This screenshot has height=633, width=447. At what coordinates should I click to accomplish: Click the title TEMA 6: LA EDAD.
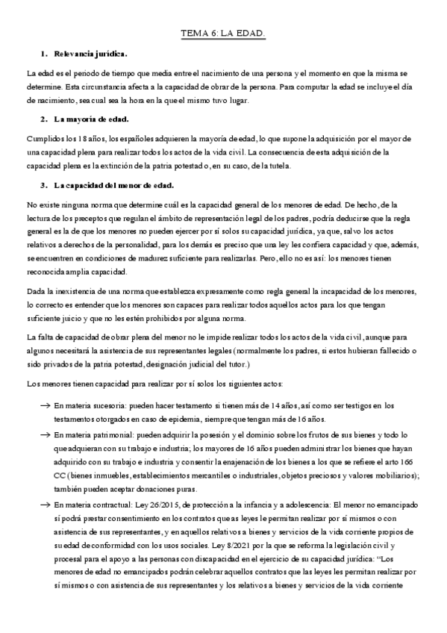click(223, 34)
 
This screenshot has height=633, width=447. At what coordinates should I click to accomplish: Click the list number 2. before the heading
click(44, 119)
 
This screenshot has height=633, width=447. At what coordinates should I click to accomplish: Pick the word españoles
click(146, 138)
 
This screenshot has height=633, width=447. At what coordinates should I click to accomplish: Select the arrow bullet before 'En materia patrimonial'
click(46, 434)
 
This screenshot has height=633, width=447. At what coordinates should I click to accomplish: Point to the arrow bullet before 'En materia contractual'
click(46, 505)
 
